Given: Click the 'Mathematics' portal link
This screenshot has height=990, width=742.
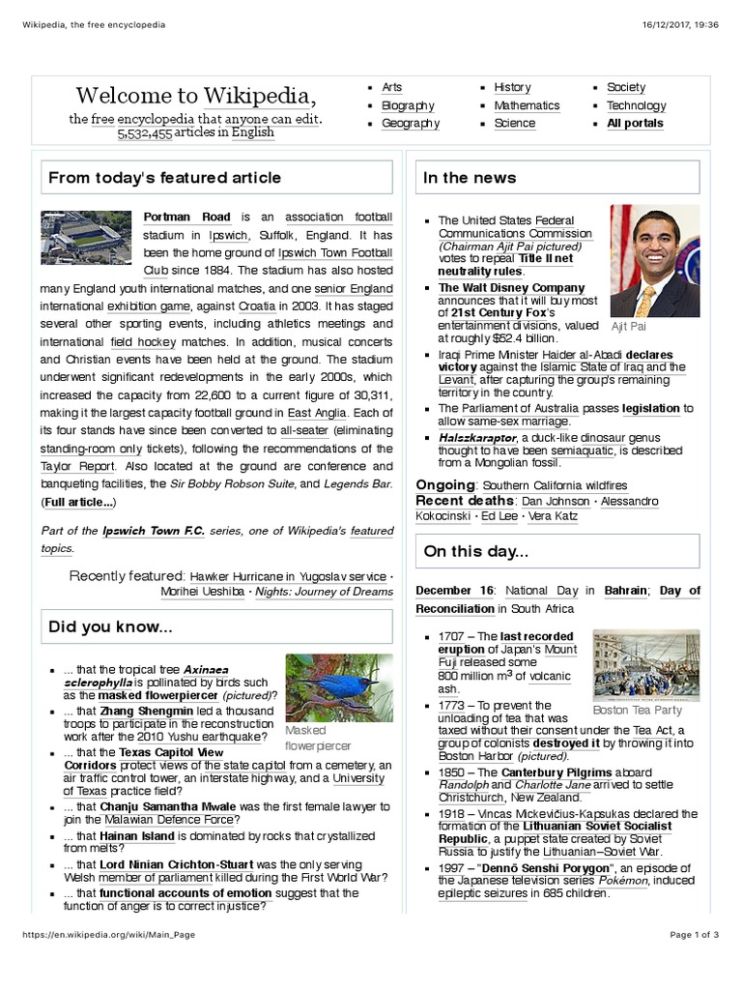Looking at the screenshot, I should coord(527,105).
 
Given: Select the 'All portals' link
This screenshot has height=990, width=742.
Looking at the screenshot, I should coord(635,124).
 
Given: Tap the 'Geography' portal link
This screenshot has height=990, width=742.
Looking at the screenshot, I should coord(411,124).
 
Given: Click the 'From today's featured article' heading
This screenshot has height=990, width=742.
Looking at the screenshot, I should coord(165,178).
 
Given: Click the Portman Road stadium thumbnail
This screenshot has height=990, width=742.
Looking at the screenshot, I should coord(81,238).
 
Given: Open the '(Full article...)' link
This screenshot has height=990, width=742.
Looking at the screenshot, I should coord(78,503).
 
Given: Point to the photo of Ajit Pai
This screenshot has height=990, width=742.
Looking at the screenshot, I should coord(655,262).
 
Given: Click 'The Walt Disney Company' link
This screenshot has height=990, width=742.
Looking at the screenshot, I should coord(511,288).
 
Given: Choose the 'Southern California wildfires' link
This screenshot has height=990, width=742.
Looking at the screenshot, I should coord(555,485).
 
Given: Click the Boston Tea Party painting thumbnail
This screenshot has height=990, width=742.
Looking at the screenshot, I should coord(645,665).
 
